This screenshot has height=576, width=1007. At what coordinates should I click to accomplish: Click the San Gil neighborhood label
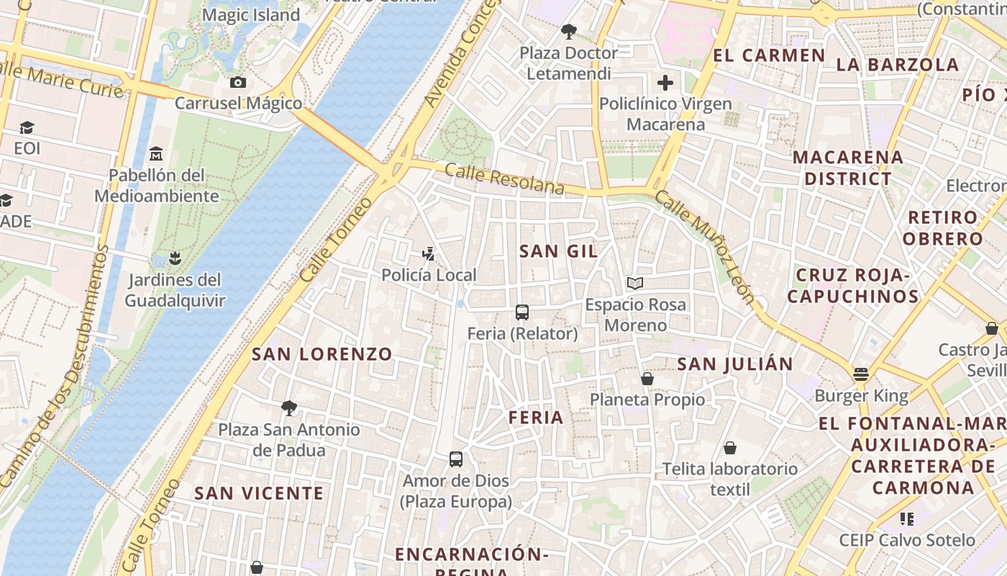[558, 251]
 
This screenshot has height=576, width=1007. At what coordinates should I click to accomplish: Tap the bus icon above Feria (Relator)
[522, 312]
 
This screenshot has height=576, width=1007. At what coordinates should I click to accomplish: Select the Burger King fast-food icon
[861, 374]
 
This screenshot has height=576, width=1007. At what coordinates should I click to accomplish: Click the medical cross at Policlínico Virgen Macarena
[665, 83]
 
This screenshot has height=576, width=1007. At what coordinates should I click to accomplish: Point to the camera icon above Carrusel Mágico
[238, 82]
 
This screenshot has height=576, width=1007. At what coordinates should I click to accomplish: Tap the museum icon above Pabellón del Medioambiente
[155, 153]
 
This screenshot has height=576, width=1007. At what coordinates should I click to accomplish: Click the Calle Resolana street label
[504, 179]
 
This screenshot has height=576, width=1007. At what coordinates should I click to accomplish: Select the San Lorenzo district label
[322, 354]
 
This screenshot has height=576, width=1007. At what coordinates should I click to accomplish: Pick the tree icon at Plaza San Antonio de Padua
[289, 408]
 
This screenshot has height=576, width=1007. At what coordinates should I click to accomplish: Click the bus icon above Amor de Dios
[456, 459]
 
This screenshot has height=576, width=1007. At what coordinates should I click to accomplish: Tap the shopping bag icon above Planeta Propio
[647, 378]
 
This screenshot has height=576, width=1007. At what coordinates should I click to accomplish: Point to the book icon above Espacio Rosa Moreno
[634, 283]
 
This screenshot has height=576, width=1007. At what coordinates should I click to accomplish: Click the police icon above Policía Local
[429, 253]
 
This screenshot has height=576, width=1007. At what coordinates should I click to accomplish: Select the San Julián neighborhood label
[734, 364]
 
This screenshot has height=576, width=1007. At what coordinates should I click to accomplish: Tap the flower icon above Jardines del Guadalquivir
[174, 257]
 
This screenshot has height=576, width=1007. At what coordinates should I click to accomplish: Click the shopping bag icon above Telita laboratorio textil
[730, 448]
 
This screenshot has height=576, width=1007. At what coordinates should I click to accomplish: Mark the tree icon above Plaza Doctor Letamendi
[569, 32]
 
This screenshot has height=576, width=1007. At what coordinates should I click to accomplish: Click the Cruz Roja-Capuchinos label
[853, 285]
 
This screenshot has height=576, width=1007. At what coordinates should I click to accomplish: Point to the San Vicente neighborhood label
[259, 493]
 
